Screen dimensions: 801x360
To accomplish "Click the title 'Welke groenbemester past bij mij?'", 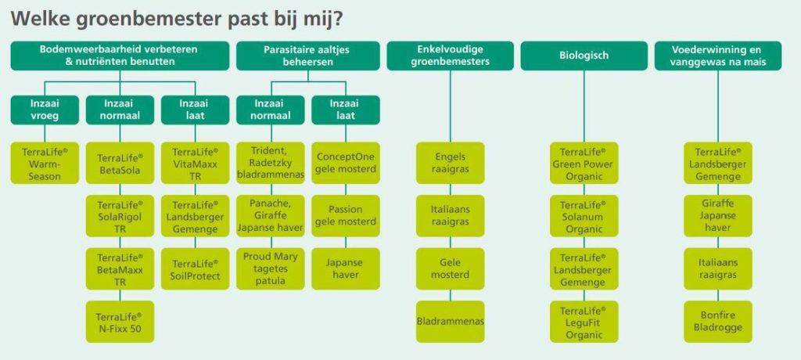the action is (x=177, y=20).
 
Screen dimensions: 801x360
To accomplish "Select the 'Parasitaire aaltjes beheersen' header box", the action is (x=307, y=56).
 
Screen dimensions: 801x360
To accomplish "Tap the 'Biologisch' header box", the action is (x=584, y=56).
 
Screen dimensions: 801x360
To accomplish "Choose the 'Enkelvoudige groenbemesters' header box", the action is (x=450, y=56).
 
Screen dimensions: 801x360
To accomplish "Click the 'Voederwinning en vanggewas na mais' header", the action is (x=718, y=56).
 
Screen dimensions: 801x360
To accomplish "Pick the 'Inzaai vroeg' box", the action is (x=45, y=110).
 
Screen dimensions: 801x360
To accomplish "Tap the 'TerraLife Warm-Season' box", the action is (x=45, y=163).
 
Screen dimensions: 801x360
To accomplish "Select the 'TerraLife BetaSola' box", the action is (x=120, y=163).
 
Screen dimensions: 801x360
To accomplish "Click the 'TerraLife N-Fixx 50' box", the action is (x=120, y=322).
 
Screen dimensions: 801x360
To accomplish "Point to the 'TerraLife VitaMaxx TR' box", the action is (x=195, y=163).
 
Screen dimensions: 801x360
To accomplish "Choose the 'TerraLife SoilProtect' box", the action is (x=195, y=269).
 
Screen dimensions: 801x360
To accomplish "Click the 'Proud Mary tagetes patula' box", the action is (x=270, y=269).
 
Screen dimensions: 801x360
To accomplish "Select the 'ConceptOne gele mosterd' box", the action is (x=346, y=163).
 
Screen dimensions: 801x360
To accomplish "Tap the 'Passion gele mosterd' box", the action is (x=346, y=216).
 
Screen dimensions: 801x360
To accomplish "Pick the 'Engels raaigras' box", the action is (x=450, y=163).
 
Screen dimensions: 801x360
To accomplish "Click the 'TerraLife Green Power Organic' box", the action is (x=584, y=163).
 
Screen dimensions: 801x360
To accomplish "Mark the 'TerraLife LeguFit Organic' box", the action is (x=584, y=322).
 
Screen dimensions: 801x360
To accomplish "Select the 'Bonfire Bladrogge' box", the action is (x=718, y=322).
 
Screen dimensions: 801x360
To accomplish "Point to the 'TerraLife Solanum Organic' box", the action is (x=584, y=216).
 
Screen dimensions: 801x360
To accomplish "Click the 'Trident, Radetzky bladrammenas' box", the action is (x=270, y=163).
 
